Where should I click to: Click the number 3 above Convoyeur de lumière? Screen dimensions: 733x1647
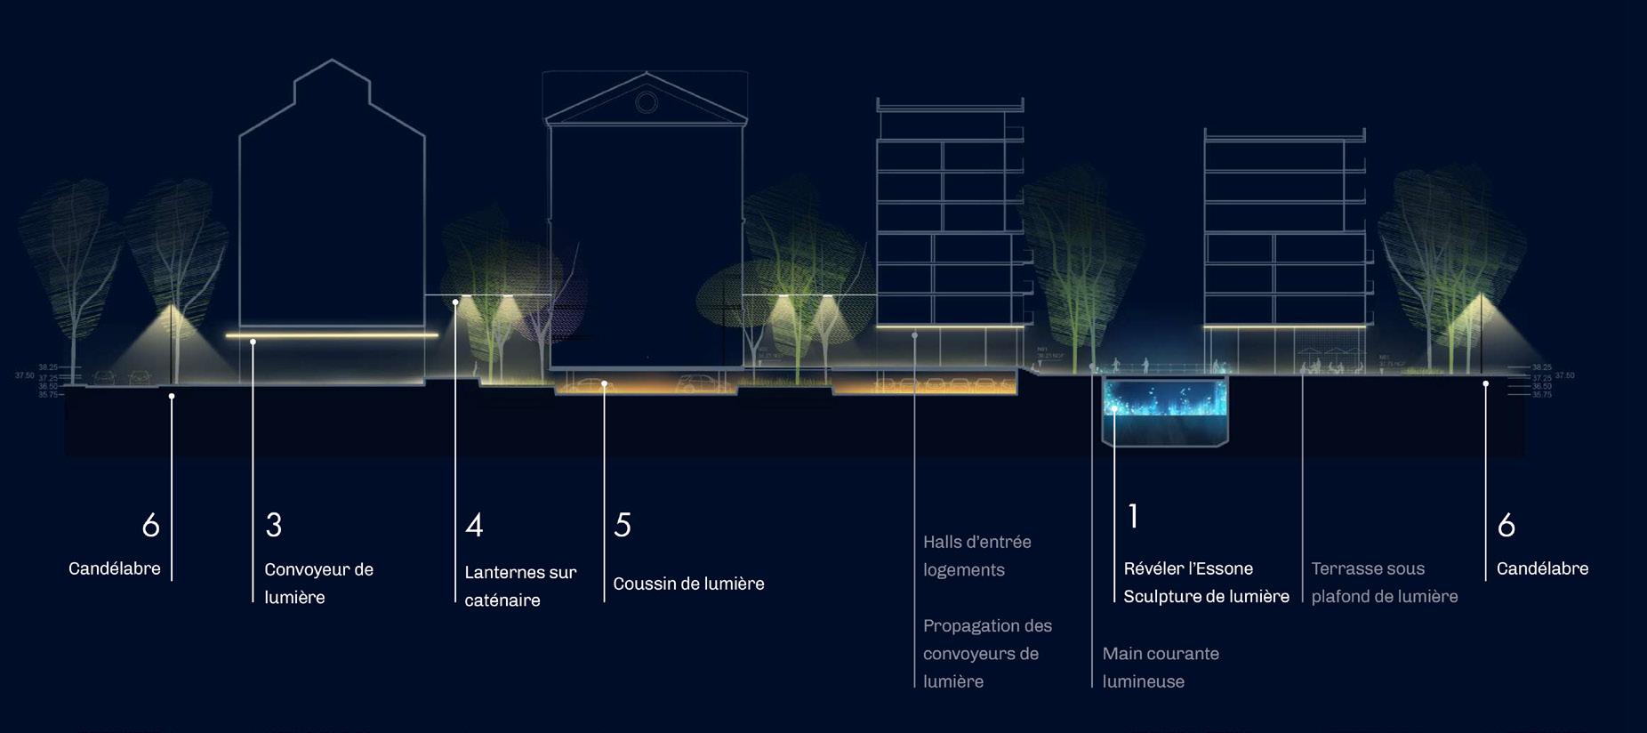[x=274, y=525]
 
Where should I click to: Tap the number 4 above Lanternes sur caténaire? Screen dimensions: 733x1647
[x=474, y=525]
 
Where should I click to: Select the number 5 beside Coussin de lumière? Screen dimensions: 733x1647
[x=623, y=525]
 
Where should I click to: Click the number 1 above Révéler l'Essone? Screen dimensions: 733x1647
[x=1133, y=516]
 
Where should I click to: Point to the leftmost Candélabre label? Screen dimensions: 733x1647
[x=115, y=568]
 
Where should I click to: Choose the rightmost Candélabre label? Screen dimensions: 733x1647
[x=1542, y=568]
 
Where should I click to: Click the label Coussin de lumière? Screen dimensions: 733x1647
[x=688, y=584]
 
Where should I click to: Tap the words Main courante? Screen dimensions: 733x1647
[x=1161, y=654]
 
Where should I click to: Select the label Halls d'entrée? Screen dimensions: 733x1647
[x=976, y=542]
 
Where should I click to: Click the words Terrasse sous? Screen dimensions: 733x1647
[x=1368, y=568]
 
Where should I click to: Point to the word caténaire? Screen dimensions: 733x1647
[x=502, y=600]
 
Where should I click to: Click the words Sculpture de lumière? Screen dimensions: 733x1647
[x=1206, y=597]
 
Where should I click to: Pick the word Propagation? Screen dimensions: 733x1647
[x=987, y=625]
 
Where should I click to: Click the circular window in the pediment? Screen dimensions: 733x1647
[x=647, y=103]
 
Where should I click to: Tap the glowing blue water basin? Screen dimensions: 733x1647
[x=1165, y=399]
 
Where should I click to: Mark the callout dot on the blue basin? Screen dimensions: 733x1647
[x=1114, y=409]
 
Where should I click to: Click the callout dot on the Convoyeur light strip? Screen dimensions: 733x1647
[x=253, y=342]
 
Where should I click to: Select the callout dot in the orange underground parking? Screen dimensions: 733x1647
[x=604, y=384]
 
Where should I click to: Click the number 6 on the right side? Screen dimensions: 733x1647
[x=1506, y=525]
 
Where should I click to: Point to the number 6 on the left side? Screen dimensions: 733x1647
[x=151, y=525]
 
